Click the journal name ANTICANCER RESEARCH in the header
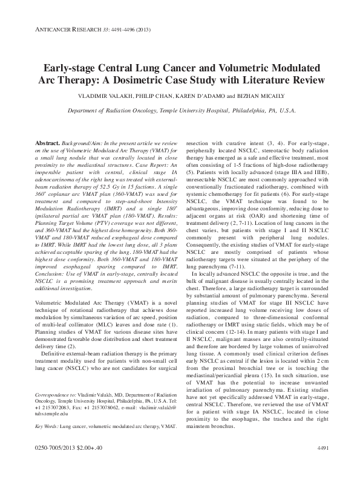(x=66, y=30)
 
